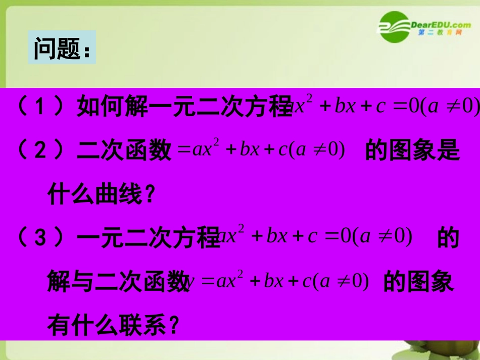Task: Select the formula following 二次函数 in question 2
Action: pos(261,150)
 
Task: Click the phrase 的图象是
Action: pos(412,150)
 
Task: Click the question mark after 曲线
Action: pos(148,195)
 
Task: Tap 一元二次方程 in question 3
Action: pos(150,237)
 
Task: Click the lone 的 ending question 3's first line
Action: pos(448,237)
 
